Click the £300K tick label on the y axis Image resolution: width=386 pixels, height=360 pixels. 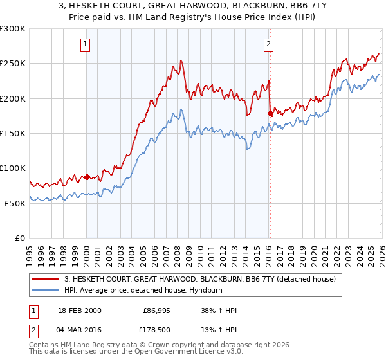[x=13, y=29]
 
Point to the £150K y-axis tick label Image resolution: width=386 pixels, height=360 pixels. [x=13, y=133]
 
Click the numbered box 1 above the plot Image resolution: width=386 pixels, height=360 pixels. [x=86, y=44]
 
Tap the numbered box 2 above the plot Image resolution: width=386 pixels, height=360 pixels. [x=268, y=44]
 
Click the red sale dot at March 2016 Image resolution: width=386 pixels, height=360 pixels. [x=269, y=113]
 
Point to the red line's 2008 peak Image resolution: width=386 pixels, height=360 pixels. [x=181, y=60]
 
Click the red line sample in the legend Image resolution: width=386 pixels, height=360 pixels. [x=46, y=280]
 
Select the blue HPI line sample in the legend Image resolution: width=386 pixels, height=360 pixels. [x=46, y=291]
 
